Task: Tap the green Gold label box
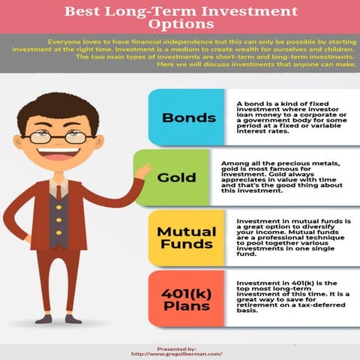pyautogui.click(x=177, y=178)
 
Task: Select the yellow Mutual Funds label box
pyautogui.click(x=185, y=238)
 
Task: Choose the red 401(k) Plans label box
pyautogui.click(x=185, y=298)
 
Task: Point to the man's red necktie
pyautogui.click(x=58, y=193)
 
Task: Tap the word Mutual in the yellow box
pyautogui.click(x=185, y=231)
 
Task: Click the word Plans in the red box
pyautogui.click(x=185, y=306)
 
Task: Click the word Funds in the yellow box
pyautogui.click(x=185, y=245)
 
